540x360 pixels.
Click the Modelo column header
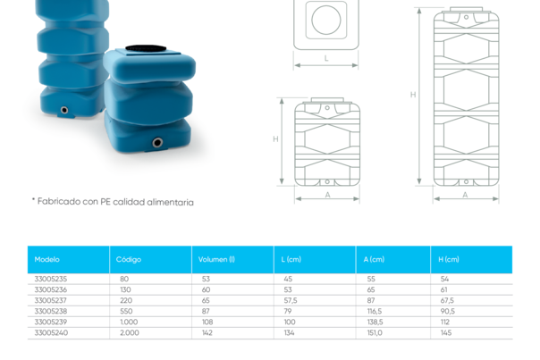[46, 259]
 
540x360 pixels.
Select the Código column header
[129, 259]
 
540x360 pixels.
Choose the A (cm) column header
[375, 259]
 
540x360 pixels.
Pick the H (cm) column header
[449, 259]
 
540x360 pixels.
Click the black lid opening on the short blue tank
[143, 48]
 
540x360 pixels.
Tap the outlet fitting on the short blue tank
[157, 142]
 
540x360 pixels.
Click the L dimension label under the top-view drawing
[326, 58]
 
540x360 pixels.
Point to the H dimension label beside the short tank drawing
[278, 138]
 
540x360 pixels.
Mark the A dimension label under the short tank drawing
[327, 193]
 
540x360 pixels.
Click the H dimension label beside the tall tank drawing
[414, 94]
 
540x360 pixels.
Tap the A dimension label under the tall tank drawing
[465, 193]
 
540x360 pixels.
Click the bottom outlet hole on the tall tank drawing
[465, 179]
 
